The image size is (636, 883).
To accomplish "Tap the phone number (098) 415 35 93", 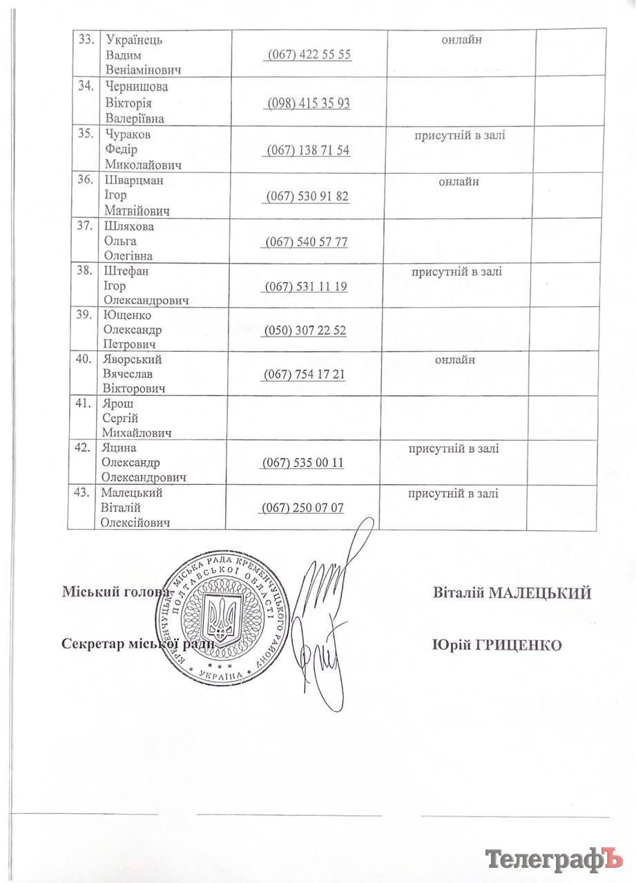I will (x=308, y=103).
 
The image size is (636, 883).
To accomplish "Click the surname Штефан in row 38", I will (x=124, y=272).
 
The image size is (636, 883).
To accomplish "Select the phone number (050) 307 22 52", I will (x=305, y=330).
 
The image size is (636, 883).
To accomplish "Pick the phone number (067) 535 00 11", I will (x=302, y=463).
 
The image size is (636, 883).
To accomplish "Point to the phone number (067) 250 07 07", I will (x=302, y=508).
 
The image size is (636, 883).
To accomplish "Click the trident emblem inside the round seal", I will (x=223, y=615).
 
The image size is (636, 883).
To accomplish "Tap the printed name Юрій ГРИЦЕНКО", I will (x=496, y=644).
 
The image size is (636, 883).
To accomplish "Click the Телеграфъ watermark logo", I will (x=550, y=859).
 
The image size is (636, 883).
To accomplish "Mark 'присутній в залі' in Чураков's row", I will (x=459, y=135).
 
